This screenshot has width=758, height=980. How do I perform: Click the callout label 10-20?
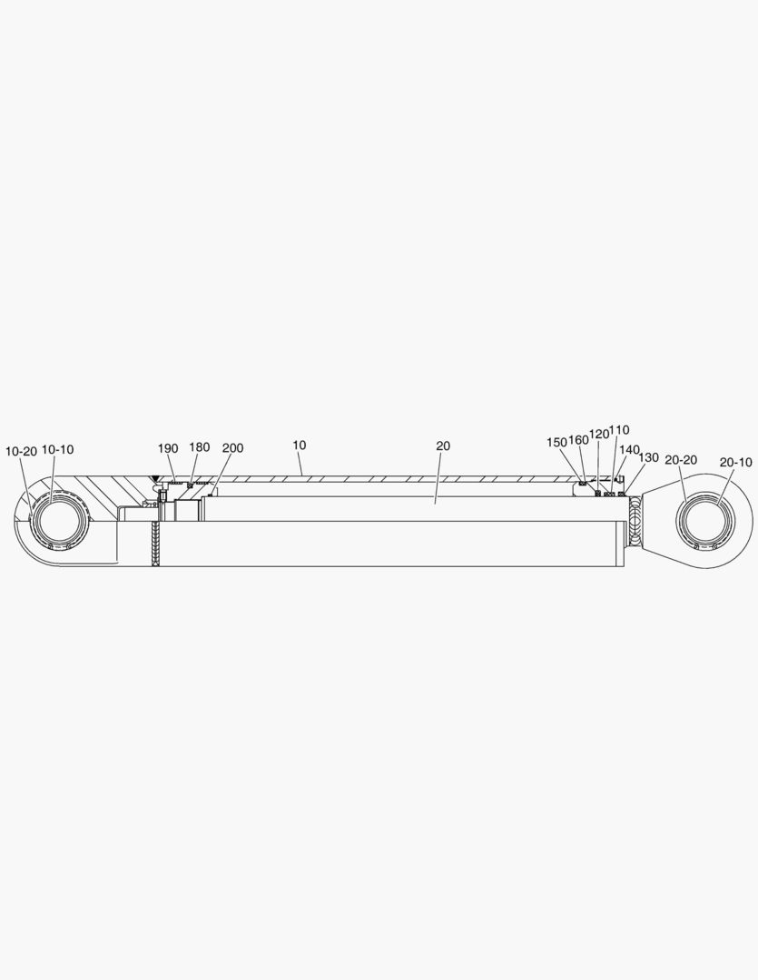(x=21, y=451)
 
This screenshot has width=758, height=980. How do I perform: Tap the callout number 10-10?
(x=57, y=449)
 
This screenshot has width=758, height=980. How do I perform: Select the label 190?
(x=168, y=448)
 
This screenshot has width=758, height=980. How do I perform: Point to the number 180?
(x=200, y=446)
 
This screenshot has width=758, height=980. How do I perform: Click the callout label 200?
(x=232, y=448)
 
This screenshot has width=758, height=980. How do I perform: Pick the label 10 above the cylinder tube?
(x=300, y=445)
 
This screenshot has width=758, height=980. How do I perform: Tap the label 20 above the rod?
(x=443, y=446)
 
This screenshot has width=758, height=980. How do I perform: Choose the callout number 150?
(x=556, y=442)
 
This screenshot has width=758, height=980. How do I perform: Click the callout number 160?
(x=578, y=440)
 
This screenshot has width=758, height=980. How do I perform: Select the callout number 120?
(x=599, y=435)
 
